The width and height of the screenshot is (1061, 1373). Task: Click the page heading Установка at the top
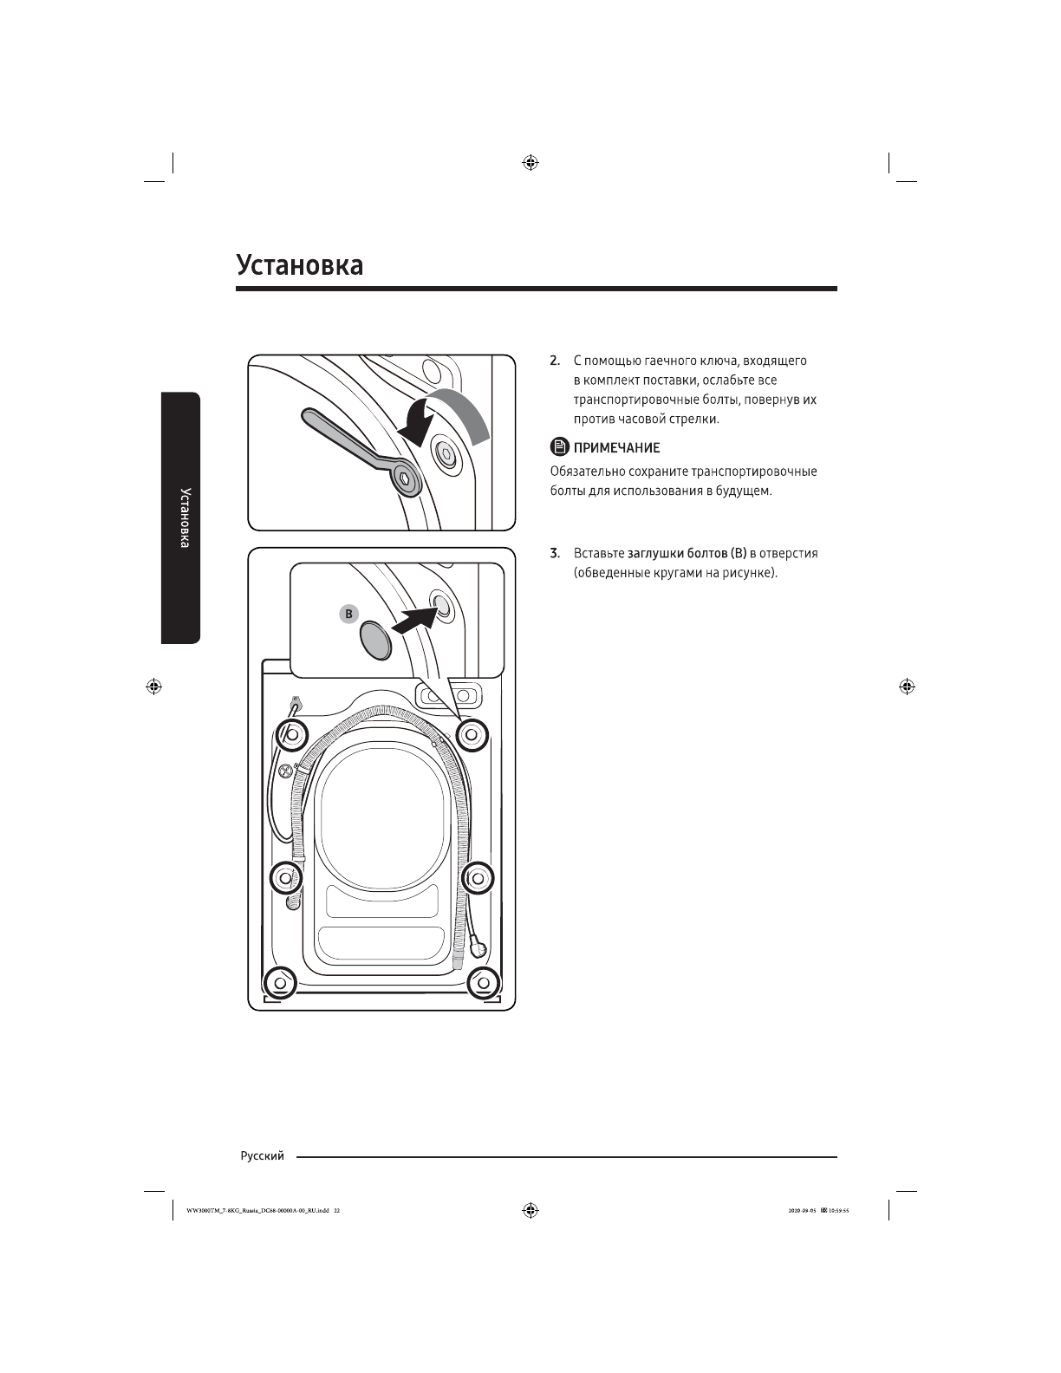pyautogui.click(x=300, y=264)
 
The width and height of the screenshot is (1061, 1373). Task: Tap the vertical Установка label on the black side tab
pyautogui.click(x=184, y=517)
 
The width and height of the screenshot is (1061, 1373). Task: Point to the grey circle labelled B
pyautogui.click(x=348, y=614)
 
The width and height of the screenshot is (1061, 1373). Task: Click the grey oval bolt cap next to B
pyautogui.click(x=377, y=639)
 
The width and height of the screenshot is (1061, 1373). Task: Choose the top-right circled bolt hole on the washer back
pyautogui.click(x=472, y=734)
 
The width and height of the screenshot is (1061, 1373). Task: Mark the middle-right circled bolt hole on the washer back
pyautogui.click(x=477, y=876)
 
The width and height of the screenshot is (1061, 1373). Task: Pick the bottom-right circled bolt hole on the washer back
pyautogui.click(x=482, y=982)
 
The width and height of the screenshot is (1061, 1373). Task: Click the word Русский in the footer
pyautogui.click(x=262, y=1156)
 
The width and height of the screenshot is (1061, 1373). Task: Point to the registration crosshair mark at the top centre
pyautogui.click(x=530, y=162)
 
